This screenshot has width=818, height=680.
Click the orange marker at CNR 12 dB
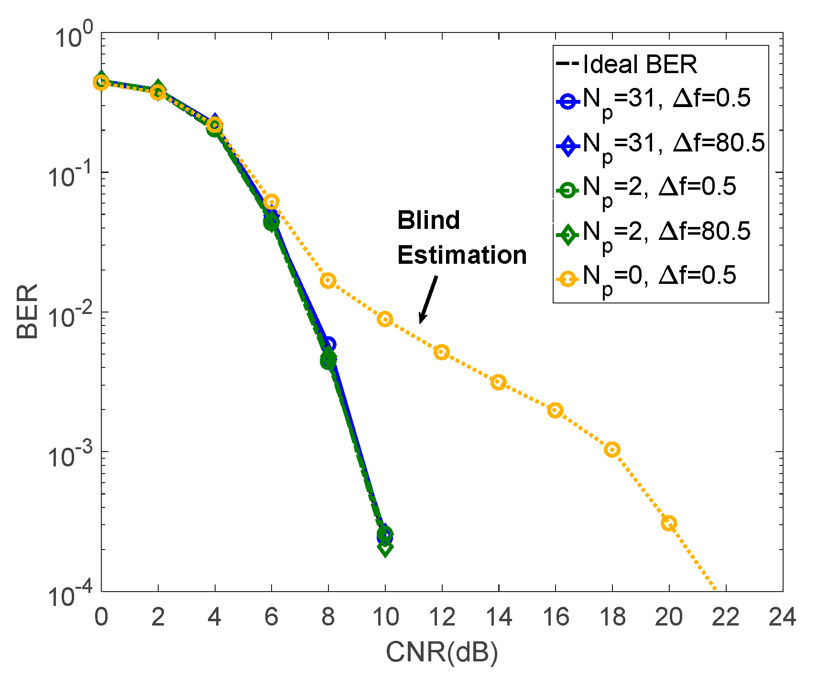441,353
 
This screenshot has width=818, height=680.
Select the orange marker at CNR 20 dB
669,523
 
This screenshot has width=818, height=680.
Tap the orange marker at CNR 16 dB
555,410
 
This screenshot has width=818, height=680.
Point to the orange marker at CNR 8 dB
328,281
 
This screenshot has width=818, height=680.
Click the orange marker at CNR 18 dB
612,450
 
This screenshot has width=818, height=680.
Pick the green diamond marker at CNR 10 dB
385,548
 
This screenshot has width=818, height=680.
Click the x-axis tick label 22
725,617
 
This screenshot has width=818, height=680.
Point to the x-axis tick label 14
498,617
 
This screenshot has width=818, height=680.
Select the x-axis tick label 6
271,617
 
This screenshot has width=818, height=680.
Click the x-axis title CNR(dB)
441,652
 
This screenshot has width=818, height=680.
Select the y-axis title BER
27,312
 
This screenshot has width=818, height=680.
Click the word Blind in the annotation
428,220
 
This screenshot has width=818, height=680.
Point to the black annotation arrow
428,299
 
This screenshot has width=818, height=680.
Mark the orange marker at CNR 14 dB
498,382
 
